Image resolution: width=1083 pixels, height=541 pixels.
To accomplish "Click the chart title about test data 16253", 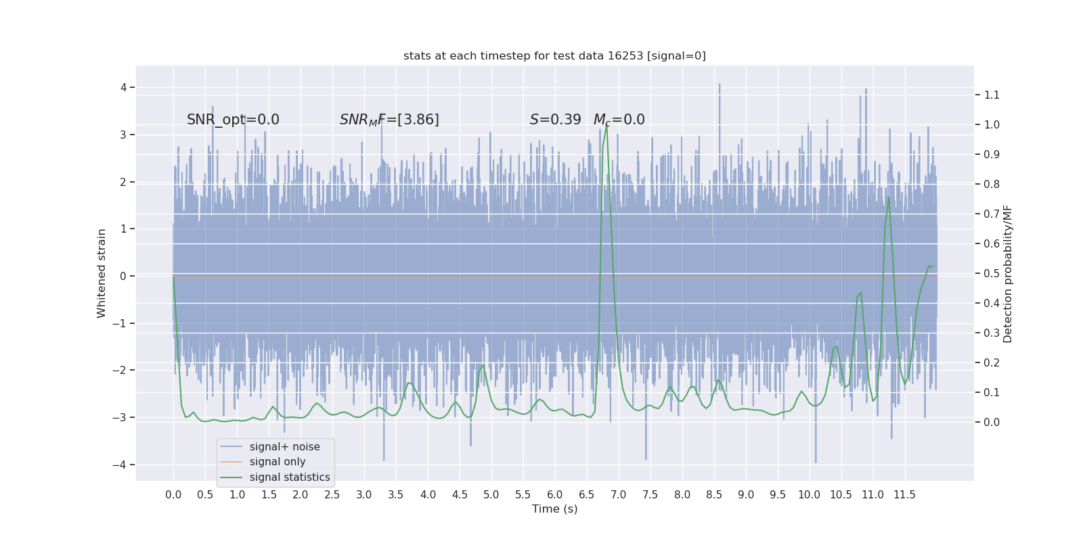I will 554,55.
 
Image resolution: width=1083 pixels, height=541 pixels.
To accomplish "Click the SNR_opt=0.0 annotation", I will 233,120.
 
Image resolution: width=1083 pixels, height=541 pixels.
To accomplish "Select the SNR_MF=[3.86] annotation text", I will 389,120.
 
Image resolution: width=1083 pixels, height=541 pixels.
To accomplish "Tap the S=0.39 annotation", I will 555,120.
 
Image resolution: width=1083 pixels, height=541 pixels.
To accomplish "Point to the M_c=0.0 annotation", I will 619,120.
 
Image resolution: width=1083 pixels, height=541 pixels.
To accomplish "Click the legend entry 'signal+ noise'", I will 284,447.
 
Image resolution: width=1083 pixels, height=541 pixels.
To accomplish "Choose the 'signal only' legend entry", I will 278,462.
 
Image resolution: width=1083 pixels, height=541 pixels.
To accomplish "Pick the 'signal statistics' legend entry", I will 290,477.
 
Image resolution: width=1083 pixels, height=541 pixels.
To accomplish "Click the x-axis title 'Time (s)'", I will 554,509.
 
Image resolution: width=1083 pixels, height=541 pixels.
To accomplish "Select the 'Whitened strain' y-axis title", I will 102,273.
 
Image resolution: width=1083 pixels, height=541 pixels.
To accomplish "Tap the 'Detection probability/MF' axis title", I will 1008,273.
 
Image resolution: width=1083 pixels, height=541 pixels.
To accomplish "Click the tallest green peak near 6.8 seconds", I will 606,126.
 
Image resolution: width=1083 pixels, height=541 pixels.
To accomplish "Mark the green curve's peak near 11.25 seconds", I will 889,197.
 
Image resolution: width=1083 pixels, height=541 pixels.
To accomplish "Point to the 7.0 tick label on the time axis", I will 619,495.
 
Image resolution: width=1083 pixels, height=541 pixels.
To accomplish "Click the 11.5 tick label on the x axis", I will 904,495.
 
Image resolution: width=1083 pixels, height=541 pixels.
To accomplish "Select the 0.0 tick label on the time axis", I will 173,495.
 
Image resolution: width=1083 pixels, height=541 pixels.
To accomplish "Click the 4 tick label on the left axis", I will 123,87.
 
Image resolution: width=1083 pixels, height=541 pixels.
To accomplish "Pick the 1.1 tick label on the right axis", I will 992,95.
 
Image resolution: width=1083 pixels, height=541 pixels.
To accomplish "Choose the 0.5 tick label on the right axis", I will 992,274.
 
